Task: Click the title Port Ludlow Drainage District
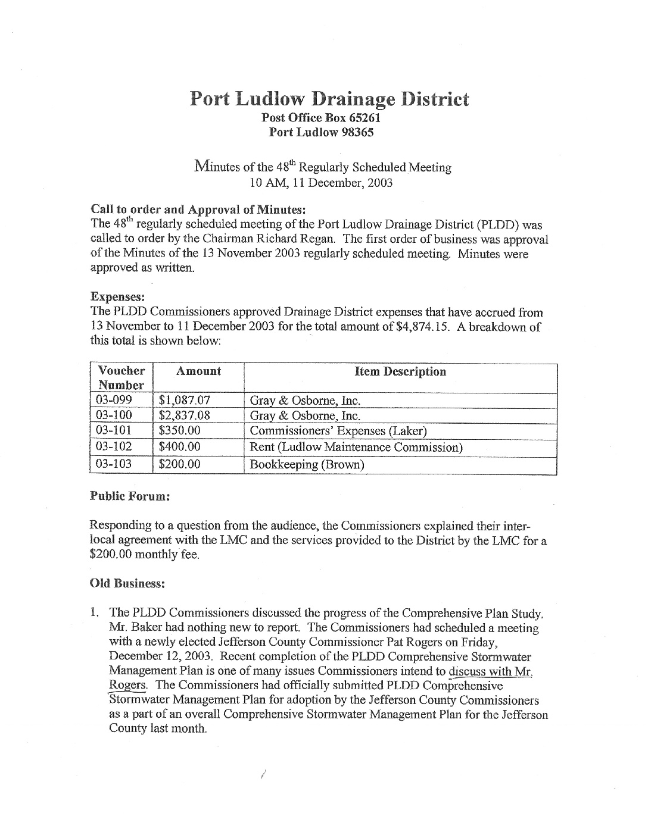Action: (x=329, y=99)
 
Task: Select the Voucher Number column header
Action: (x=121, y=378)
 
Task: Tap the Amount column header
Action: (x=198, y=371)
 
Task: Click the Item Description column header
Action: (x=400, y=371)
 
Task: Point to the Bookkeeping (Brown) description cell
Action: (x=306, y=464)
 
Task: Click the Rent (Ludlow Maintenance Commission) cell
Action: (x=356, y=447)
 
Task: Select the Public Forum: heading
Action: (x=130, y=496)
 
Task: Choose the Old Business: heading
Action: (x=127, y=584)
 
